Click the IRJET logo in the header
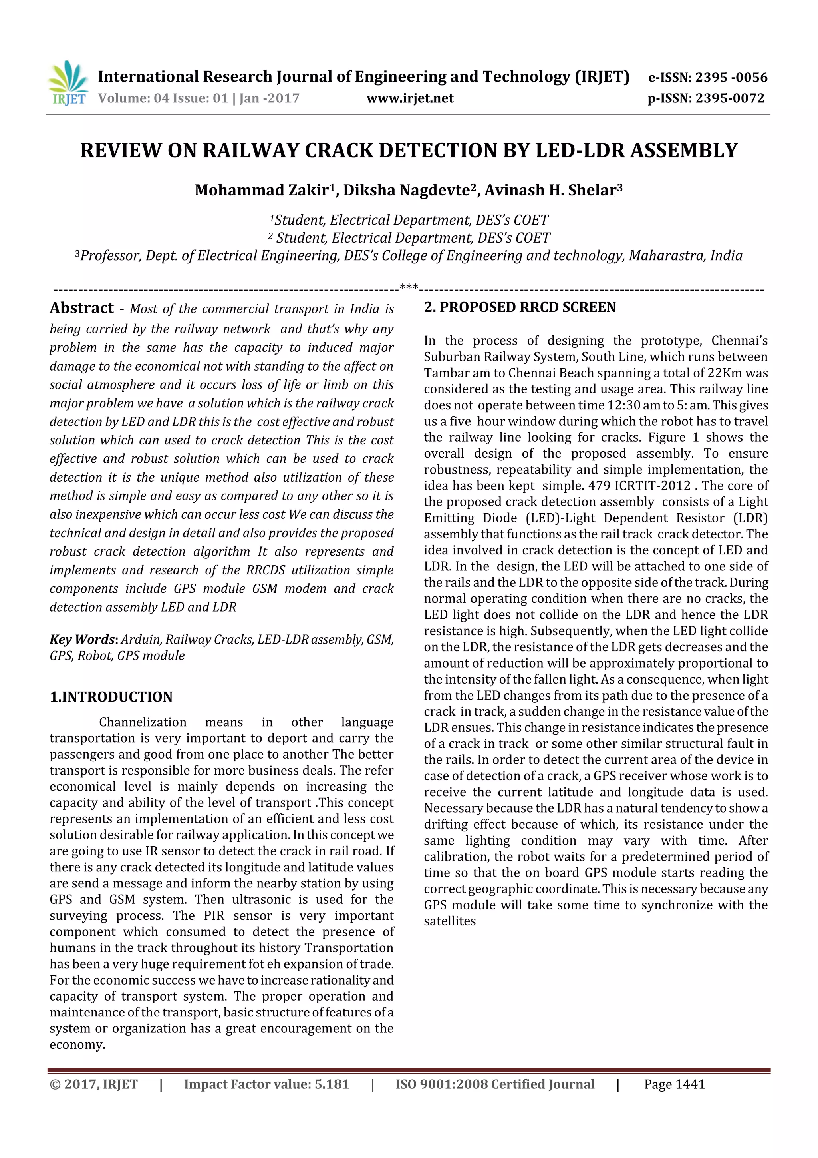[68, 84]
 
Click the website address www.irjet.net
[410, 98]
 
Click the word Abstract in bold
[81, 308]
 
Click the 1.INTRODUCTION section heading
[111, 697]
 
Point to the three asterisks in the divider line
[409, 288]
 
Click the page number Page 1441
[674, 1084]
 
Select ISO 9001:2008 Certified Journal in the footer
[494, 1084]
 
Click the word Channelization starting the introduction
[143, 722]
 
